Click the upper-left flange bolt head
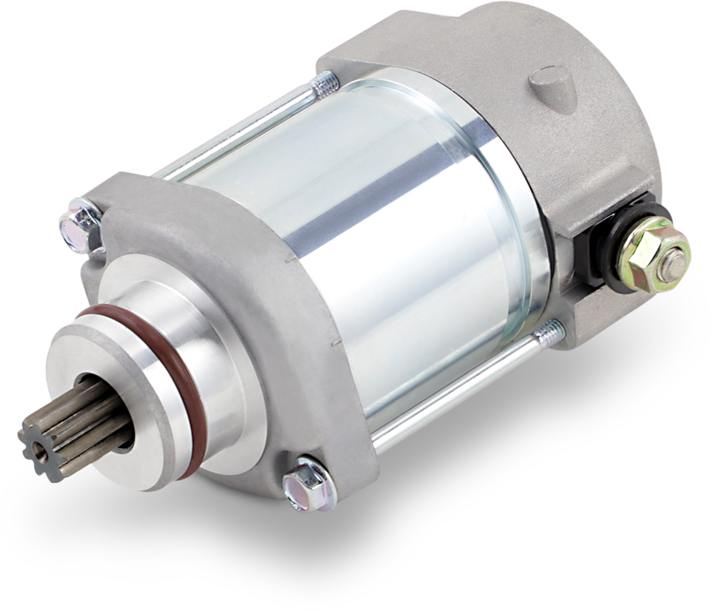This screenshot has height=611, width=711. pyautogui.click(x=79, y=221)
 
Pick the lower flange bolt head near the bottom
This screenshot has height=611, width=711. pyautogui.click(x=304, y=484)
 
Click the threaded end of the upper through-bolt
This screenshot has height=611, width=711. pyautogui.click(x=327, y=86)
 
